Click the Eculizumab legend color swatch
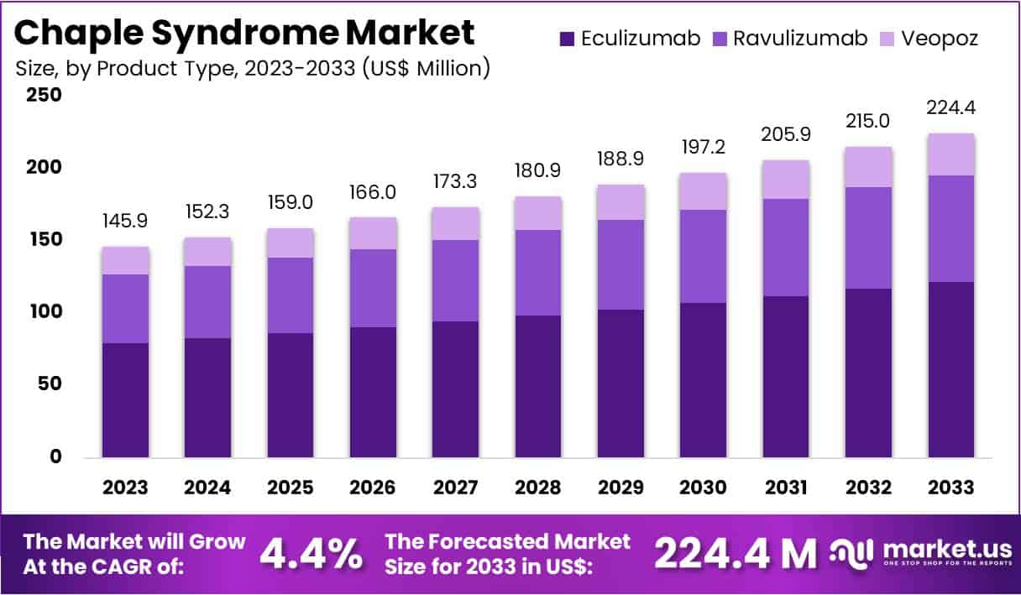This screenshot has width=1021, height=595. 567,38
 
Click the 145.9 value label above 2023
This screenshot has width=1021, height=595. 125,222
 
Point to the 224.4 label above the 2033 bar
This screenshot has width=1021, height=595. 951,107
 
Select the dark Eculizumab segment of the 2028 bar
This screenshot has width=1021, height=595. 538,386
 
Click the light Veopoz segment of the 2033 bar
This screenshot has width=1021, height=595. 951,154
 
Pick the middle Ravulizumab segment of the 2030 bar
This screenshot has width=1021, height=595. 704,256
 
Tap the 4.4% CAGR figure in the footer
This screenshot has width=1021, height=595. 311,553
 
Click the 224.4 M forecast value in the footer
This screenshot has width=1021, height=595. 734,553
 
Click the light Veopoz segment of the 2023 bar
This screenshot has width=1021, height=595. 125,260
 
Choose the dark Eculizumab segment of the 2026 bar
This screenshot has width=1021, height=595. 373,392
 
